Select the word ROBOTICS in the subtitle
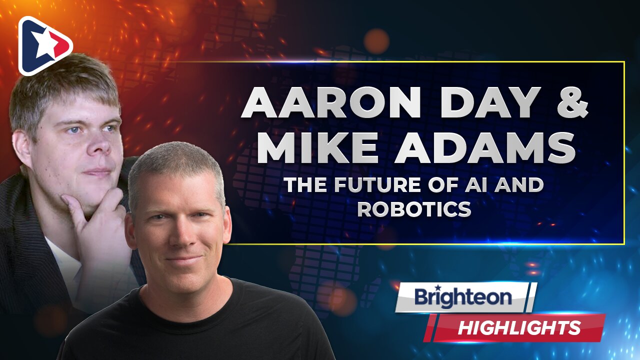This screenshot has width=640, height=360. tap(414, 209)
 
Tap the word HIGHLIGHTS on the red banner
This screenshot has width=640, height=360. tap(519, 328)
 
